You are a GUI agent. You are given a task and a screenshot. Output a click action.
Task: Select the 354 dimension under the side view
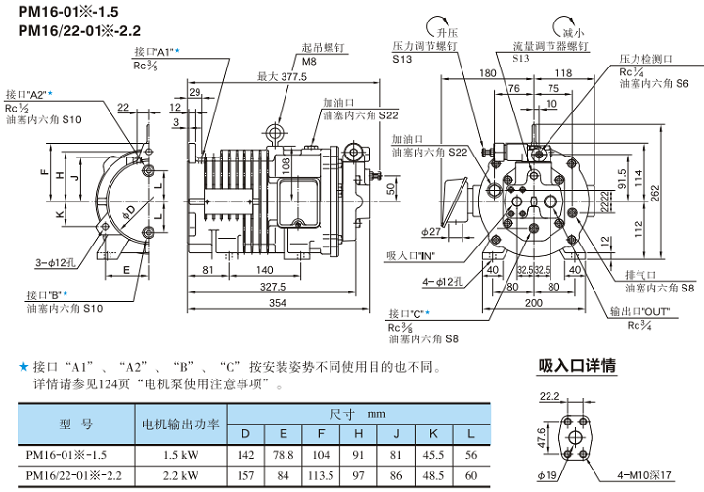click(x=277, y=305)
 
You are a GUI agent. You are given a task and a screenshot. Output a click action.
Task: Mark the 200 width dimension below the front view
click(x=531, y=305)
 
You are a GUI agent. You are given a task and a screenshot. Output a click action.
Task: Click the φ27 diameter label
click(x=433, y=231)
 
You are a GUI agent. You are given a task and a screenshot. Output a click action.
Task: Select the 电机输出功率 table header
click(x=180, y=425)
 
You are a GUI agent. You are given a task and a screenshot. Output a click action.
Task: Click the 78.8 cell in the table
click(x=284, y=453)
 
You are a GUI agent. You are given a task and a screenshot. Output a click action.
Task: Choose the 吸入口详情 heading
click(x=577, y=366)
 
